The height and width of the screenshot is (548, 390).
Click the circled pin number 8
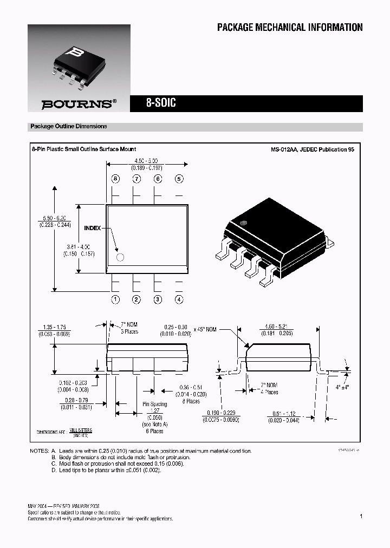coord(115,179)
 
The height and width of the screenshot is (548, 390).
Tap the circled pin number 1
coord(115,299)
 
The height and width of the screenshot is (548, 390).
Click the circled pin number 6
coord(158,179)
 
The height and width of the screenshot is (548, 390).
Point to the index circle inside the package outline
coord(120,257)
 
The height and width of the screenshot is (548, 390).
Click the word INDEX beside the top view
coord(92,229)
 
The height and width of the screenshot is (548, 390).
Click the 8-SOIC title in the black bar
coord(161,103)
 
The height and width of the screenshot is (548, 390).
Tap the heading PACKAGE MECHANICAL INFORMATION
coord(290,28)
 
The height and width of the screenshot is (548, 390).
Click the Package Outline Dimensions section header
coord(69,126)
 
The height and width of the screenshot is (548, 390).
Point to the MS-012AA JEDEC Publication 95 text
coord(313,149)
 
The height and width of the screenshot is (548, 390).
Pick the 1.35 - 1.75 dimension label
coord(54,327)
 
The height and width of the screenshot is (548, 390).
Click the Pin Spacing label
coord(154,404)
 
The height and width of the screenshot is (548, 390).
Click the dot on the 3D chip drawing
coord(243,222)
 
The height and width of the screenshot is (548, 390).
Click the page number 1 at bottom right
coord(361,517)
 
